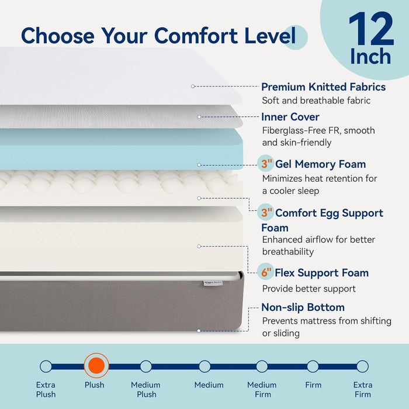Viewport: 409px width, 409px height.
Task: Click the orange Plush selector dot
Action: (x=95, y=366)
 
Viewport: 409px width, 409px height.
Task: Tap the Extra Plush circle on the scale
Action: (x=46, y=366)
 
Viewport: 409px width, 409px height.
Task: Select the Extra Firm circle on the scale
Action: (x=362, y=366)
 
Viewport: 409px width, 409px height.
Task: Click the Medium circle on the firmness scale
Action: (x=204, y=366)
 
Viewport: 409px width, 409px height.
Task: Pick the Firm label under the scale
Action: (x=313, y=385)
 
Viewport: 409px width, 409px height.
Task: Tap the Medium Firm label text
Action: (x=262, y=389)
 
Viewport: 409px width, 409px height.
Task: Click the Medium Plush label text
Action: (x=146, y=389)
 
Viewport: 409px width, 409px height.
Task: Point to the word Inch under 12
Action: (x=370, y=57)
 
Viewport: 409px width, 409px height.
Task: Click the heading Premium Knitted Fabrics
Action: (x=323, y=87)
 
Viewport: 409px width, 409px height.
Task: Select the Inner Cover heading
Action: (x=290, y=117)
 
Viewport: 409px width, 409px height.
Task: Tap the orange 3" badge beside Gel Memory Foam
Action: (x=266, y=164)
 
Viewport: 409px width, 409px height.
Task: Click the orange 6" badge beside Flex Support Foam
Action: (x=266, y=272)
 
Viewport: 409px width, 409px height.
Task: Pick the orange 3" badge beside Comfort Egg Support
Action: (x=266, y=213)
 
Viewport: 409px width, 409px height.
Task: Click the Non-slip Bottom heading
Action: (x=303, y=307)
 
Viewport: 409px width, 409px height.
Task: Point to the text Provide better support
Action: (x=309, y=288)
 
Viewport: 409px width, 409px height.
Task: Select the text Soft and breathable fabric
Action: (x=316, y=100)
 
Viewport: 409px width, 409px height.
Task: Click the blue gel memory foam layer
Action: (x=117, y=149)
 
